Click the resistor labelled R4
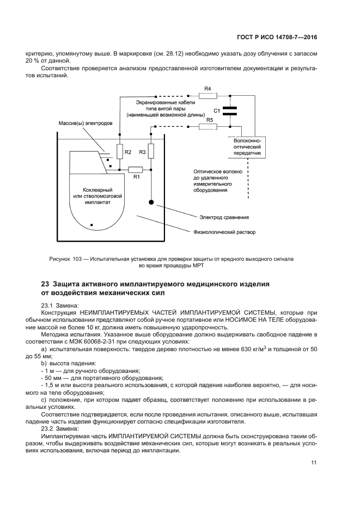[208, 95]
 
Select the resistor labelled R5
[208, 127]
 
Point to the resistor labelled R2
[119, 152]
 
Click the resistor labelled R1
[136, 170]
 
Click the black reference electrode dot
[151, 203]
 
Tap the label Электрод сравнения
[224, 217]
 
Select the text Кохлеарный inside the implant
[91, 188]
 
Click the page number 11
[314, 463]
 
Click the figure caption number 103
[80, 259]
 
